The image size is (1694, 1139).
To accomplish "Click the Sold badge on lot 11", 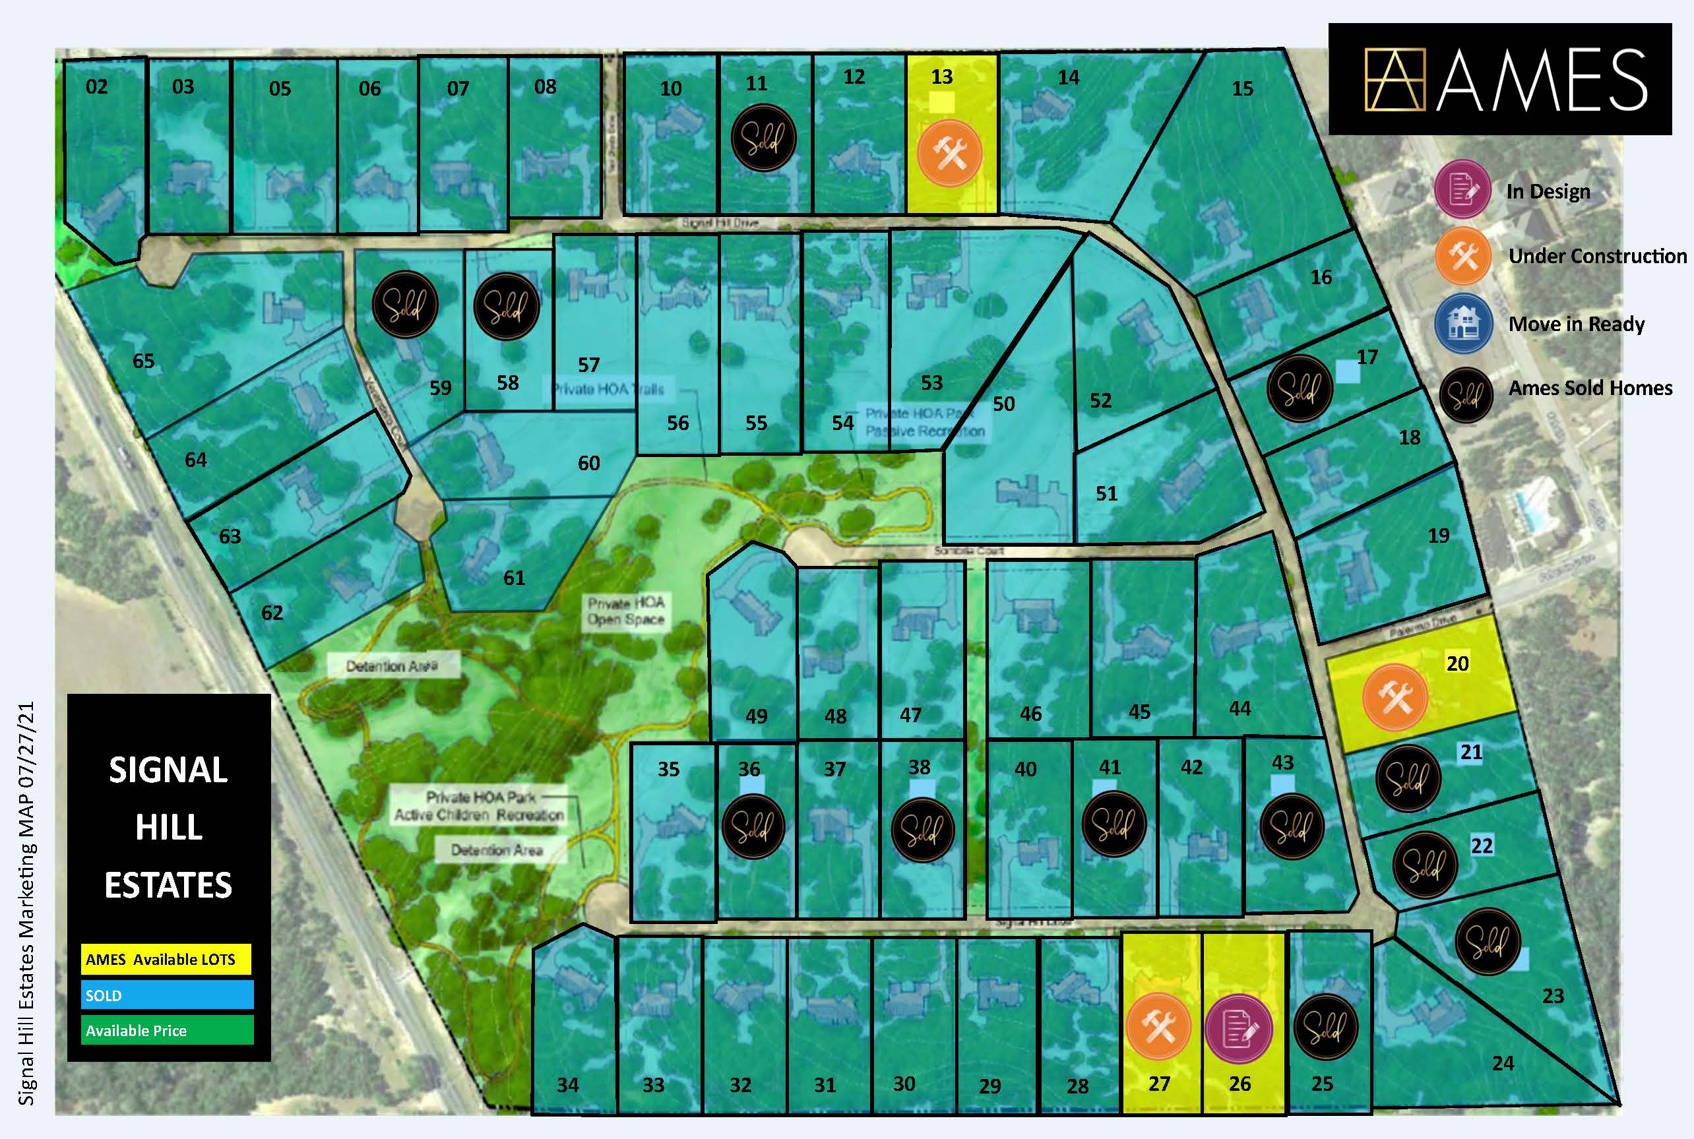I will click(763, 138).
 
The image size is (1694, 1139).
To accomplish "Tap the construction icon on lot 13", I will click(949, 154).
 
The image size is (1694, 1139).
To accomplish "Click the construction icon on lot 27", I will click(1158, 1026).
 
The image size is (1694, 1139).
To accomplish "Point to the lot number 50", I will click(1003, 404).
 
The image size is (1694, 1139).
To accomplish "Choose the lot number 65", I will click(143, 361).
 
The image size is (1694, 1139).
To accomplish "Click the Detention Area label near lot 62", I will click(392, 666).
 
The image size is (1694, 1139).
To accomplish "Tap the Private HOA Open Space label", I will click(625, 611).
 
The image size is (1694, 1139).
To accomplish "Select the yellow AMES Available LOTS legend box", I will click(166, 960).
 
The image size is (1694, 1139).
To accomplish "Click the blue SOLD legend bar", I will click(168, 995).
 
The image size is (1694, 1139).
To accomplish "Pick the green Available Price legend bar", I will click(168, 1030).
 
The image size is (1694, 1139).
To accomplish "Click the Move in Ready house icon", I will click(1463, 324).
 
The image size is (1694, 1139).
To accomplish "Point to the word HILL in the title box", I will click(168, 827).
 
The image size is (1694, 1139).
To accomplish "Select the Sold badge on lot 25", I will click(1326, 1026).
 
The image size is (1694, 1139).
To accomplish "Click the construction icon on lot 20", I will click(1395, 696).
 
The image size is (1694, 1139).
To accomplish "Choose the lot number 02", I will click(96, 87).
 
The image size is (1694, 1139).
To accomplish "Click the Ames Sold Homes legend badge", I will click(1466, 395).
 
